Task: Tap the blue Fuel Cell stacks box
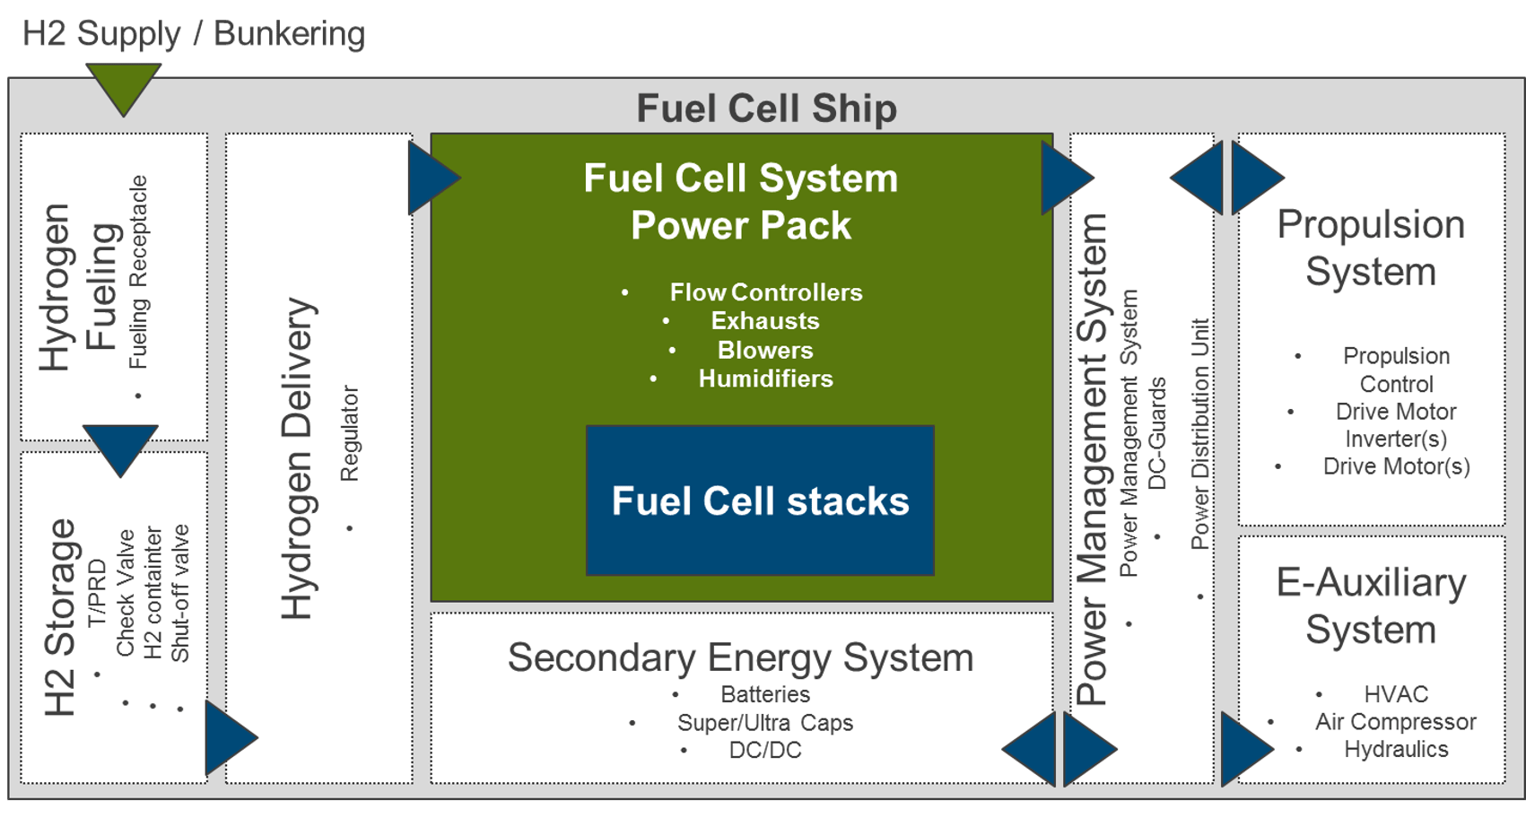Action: click(760, 500)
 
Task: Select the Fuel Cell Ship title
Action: click(766, 109)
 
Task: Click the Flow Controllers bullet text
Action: click(766, 292)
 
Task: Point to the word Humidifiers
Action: click(766, 379)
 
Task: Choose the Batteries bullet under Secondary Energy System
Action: click(766, 694)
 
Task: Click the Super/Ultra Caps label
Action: click(765, 723)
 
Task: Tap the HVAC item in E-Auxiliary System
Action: click(1396, 694)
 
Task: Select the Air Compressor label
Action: click(1396, 722)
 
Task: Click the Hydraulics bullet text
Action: click(1396, 749)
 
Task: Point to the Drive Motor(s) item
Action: click(1397, 466)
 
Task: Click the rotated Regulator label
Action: click(350, 434)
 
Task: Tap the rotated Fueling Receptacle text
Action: click(138, 273)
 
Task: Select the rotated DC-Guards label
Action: click(1157, 434)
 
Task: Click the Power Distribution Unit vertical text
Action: click(1199, 434)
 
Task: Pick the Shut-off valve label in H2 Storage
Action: click(179, 593)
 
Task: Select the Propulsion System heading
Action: click(1372, 248)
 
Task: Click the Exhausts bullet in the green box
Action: click(765, 321)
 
